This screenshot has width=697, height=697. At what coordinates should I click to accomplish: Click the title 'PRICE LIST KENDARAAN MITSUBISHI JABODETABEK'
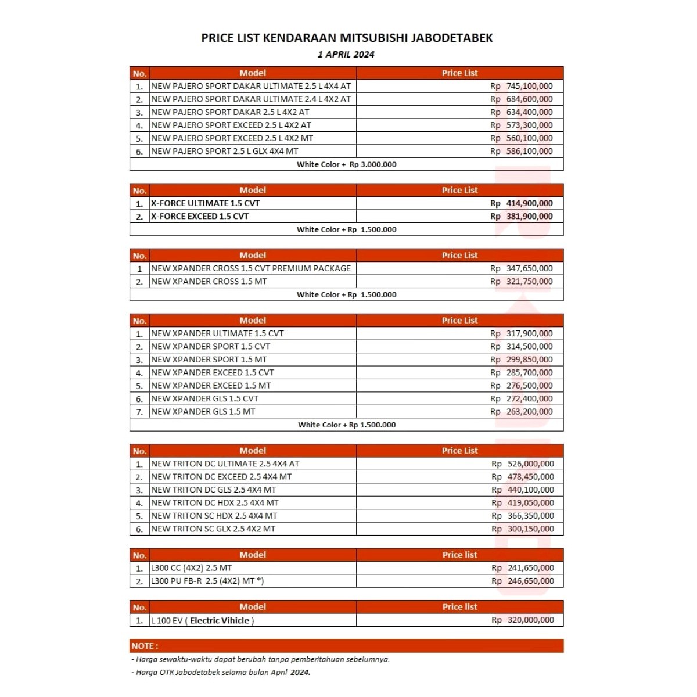(347, 38)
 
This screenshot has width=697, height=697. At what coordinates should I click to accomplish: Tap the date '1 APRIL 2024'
(346, 55)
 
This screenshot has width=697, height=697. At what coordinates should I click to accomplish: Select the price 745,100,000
(529, 86)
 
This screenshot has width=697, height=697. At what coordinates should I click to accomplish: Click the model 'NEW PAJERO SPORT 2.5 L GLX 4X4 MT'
(224, 151)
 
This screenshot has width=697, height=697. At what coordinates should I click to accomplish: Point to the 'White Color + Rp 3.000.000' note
(346, 164)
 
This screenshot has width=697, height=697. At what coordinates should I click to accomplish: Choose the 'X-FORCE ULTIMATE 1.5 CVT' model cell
(205, 203)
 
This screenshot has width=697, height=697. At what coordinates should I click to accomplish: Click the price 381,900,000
(529, 216)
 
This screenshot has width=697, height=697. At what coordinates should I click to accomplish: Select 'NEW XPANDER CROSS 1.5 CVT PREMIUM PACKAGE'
(251, 268)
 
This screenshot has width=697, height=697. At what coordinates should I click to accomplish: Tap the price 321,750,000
(529, 281)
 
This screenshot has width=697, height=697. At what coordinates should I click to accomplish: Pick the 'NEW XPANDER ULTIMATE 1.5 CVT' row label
(217, 333)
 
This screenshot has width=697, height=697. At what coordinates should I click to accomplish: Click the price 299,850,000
(529, 360)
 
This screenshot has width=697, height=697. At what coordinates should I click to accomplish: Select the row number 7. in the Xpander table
(139, 412)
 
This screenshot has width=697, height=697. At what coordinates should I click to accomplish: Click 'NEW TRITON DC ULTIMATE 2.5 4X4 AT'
(225, 464)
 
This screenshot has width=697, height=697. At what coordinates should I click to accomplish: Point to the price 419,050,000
(530, 503)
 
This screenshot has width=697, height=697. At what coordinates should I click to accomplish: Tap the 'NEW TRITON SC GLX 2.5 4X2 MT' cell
(213, 529)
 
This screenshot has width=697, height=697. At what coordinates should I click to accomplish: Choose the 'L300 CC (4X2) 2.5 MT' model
(191, 568)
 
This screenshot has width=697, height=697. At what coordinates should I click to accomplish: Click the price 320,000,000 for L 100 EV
(530, 620)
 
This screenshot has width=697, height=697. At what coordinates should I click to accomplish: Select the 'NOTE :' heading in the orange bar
(145, 646)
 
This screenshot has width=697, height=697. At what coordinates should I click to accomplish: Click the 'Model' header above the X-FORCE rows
(253, 190)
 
